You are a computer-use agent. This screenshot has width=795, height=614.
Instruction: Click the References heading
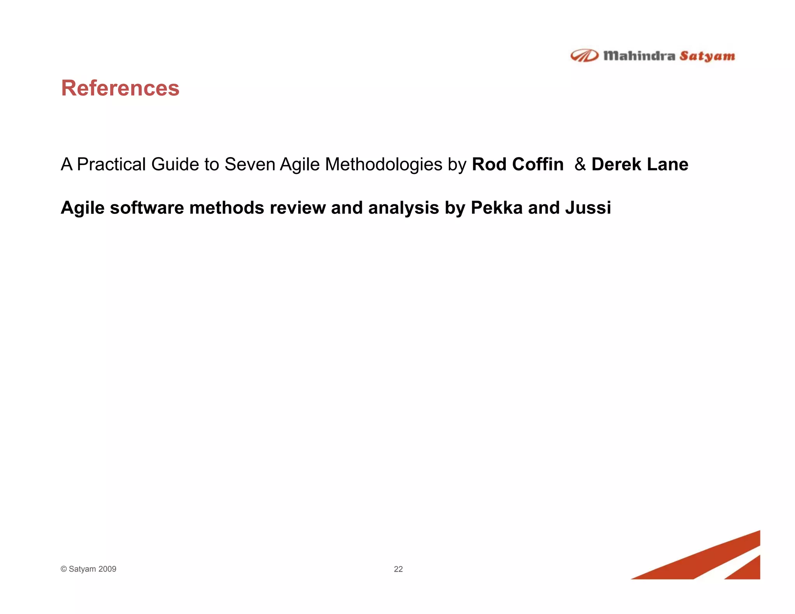point(120,88)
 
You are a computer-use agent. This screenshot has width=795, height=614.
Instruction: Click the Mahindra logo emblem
point(584,56)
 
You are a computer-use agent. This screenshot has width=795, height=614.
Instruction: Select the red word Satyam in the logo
point(707,57)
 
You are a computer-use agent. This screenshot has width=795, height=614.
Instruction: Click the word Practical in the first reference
point(111,164)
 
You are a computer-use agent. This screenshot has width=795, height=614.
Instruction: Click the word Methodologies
point(384,164)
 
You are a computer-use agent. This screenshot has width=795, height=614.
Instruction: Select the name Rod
point(489,164)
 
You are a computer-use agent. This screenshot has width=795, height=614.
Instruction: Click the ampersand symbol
point(580,164)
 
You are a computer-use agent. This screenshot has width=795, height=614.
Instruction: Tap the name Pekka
point(496,208)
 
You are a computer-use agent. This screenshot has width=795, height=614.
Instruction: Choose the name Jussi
point(588,208)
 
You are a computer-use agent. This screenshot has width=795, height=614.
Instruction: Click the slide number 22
point(398,569)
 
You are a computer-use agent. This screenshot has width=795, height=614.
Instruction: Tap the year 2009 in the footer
point(107,569)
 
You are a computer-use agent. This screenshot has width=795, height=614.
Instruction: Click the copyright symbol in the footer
point(64,569)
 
